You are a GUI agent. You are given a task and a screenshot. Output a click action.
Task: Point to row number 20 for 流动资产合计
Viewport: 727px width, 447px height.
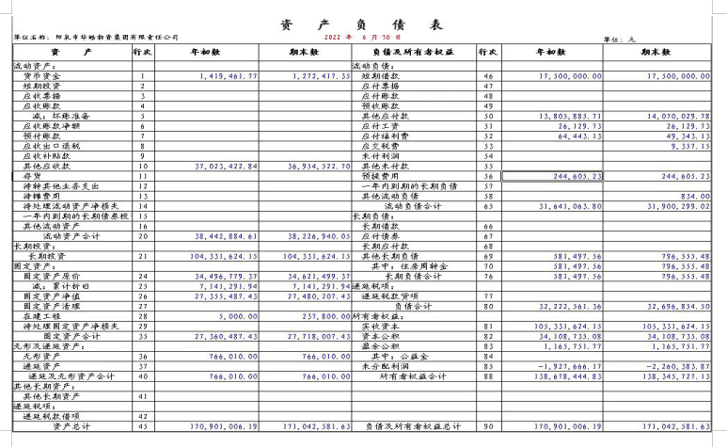[x=143, y=237]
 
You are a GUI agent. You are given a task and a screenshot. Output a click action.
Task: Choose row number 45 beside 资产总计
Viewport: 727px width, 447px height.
[x=143, y=426]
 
